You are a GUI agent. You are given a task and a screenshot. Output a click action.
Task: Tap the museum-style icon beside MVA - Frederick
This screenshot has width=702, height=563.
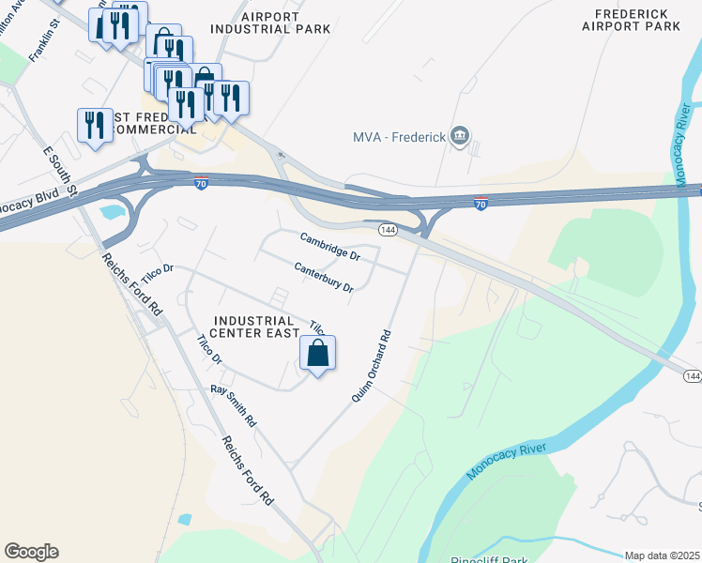point(460,137)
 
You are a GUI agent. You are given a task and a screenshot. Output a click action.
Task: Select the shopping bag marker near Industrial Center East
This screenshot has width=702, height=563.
point(318,354)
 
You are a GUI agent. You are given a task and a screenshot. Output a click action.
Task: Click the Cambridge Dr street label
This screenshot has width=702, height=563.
point(329,247)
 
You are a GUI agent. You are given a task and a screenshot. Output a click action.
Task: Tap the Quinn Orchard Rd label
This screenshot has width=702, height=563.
point(371,366)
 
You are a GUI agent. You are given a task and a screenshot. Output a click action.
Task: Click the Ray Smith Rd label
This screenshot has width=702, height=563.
point(234,405)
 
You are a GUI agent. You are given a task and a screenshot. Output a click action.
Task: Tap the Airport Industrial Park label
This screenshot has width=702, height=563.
point(271,23)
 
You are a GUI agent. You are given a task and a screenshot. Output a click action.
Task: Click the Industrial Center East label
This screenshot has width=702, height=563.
point(253,327)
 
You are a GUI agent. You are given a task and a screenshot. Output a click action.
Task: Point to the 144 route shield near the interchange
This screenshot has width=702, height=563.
point(388,229)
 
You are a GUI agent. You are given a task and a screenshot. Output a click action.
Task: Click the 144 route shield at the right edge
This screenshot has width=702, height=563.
point(692,375)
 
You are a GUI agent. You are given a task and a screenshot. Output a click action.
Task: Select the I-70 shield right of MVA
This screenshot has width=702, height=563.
point(480,203)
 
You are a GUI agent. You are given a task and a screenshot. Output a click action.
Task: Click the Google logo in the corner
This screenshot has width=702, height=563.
point(31,552)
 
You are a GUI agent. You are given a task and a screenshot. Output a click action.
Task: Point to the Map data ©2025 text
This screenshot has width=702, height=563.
point(663,555)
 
